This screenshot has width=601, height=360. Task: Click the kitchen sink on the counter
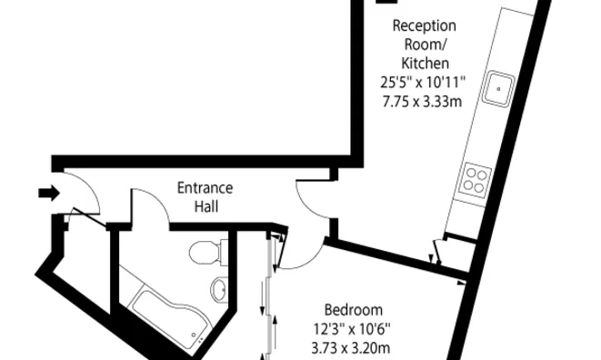coord(496,88)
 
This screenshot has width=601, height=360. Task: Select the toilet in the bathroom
coord(205,251)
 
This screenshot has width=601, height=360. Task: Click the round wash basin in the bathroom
coord(219,289)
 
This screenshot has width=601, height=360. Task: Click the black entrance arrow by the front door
coord(47,192)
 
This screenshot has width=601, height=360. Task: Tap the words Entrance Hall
coord(205,197)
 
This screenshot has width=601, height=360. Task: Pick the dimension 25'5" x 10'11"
coord(423,82)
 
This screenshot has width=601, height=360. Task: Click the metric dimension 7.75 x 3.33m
coord(423,100)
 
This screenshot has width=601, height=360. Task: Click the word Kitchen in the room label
coord(423,63)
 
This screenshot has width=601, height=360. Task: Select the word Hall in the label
coord(205,206)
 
